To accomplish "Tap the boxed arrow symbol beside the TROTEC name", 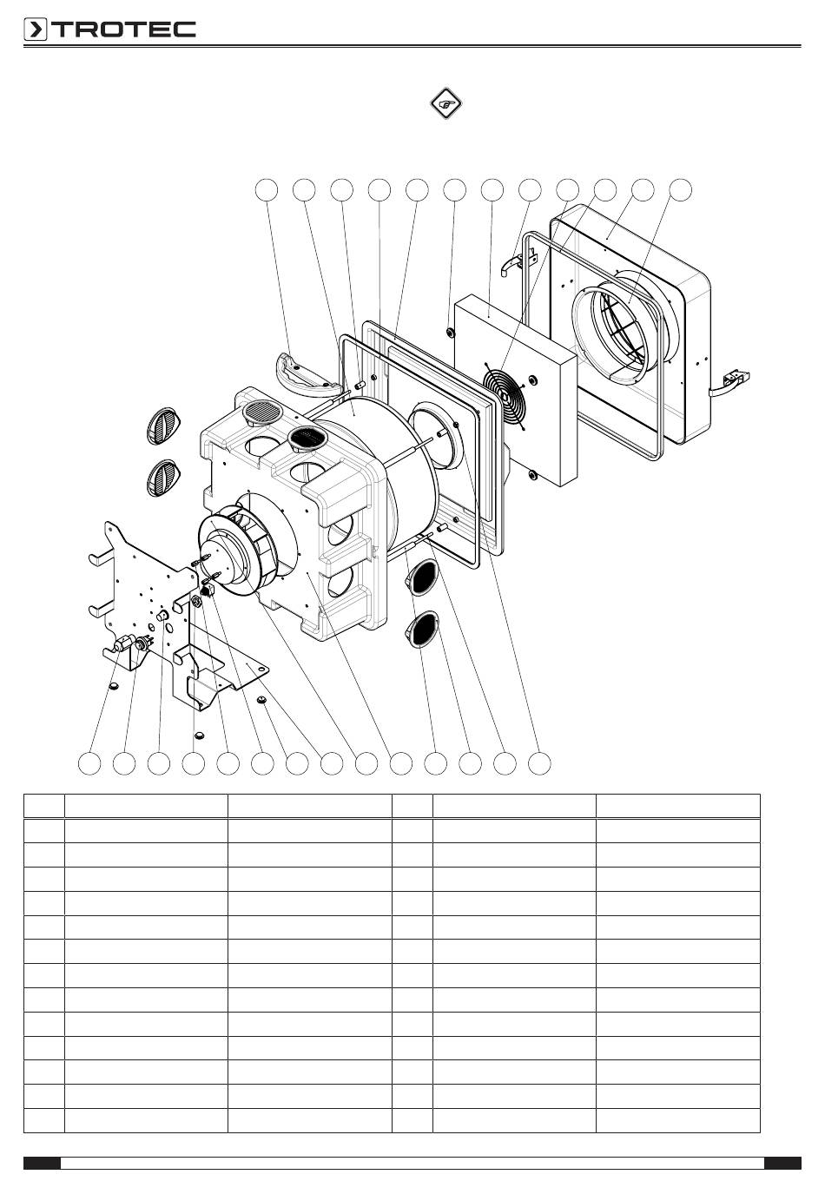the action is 36,30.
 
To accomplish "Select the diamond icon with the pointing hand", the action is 445,103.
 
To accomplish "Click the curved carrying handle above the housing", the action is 308,375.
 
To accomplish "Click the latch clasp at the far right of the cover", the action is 732,383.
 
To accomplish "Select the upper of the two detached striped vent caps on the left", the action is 163,426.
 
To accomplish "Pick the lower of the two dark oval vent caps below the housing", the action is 422,629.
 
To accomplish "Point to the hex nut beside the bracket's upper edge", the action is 195,601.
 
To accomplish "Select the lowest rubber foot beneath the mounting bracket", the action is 199,735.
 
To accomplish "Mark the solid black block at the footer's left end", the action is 43,1163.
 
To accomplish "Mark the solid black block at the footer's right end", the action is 782,1163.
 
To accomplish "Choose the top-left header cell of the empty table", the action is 44,806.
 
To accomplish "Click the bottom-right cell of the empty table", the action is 678,1120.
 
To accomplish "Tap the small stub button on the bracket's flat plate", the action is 162,616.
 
